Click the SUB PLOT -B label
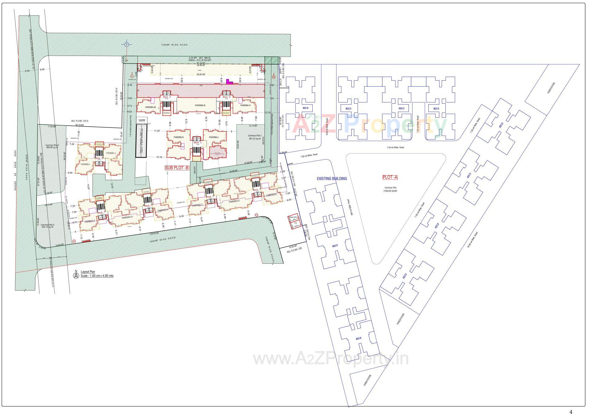[177, 168]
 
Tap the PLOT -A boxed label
[390, 177]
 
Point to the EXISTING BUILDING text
[332, 179]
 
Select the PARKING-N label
[200, 105]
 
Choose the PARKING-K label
[178, 137]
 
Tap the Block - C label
[198, 142]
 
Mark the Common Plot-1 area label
[255, 136]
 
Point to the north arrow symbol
[76, 275]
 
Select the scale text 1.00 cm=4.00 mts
[97, 275]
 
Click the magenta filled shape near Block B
[229, 82]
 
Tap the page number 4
[571, 412]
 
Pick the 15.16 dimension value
[159, 157]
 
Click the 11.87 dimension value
[157, 131]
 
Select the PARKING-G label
[127, 217]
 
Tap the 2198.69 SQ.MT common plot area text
[390, 191]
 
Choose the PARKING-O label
[245, 105]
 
